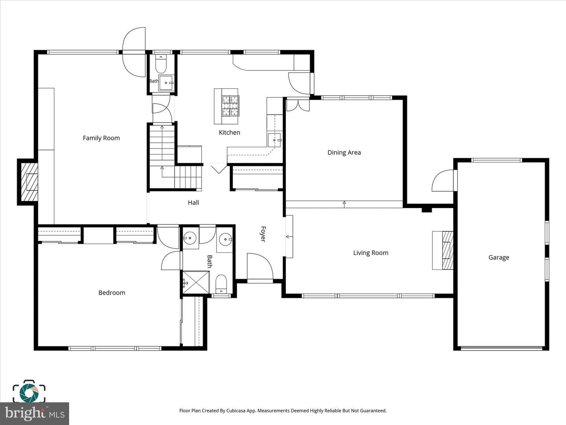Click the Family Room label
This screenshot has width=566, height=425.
point(101,138)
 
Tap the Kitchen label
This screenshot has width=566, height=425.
point(229,132)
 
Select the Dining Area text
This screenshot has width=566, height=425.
point(344,153)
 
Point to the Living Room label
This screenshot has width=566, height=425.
point(371,253)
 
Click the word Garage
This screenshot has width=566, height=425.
point(499,257)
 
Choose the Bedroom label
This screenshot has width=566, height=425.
point(112,293)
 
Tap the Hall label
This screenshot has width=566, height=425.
point(193,203)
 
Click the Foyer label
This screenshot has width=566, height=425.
point(263,234)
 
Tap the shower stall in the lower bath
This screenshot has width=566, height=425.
point(196,282)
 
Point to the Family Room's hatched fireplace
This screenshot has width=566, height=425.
point(29,182)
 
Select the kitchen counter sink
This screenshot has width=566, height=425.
point(274,140)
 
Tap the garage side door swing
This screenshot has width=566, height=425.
point(443,180)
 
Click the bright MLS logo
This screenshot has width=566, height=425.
point(35,413)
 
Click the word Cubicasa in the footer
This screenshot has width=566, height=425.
point(236,410)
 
